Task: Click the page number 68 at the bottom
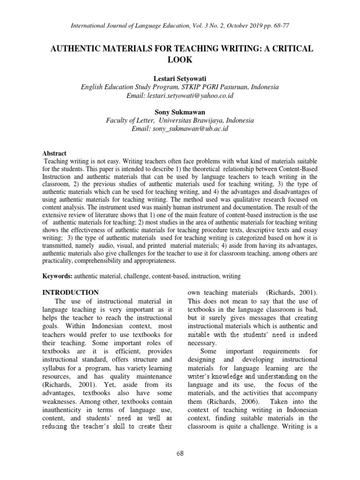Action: tap(180, 452)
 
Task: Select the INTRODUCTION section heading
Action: tap(70, 292)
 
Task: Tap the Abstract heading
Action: tap(54, 153)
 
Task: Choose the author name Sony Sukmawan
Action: tap(180, 112)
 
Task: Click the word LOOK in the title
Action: tap(180, 60)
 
